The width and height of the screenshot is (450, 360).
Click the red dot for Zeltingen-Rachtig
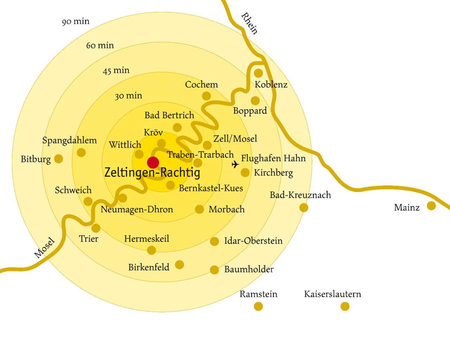153,162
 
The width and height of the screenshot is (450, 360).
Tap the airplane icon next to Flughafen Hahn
235,164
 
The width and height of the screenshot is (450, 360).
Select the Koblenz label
271,84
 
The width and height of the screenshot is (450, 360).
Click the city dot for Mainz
431,206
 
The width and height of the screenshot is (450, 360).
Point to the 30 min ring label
128,96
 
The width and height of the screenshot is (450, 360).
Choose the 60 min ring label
100,45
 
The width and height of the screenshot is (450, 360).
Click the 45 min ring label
116,71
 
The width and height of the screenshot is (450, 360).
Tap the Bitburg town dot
59,159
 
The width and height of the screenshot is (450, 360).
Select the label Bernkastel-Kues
211,188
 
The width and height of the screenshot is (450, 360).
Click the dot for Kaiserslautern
345,307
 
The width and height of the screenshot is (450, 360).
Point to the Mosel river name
46,248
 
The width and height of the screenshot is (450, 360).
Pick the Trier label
89,239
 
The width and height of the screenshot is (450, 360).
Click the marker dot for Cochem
206,96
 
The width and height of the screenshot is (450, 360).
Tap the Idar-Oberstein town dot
214,241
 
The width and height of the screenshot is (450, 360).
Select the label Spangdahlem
70,140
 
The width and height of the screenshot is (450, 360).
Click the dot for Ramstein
258,307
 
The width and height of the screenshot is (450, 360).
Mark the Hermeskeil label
147,239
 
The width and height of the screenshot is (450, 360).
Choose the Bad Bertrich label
169,115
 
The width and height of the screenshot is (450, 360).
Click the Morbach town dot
199,209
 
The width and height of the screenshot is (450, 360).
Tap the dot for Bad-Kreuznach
304,207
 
